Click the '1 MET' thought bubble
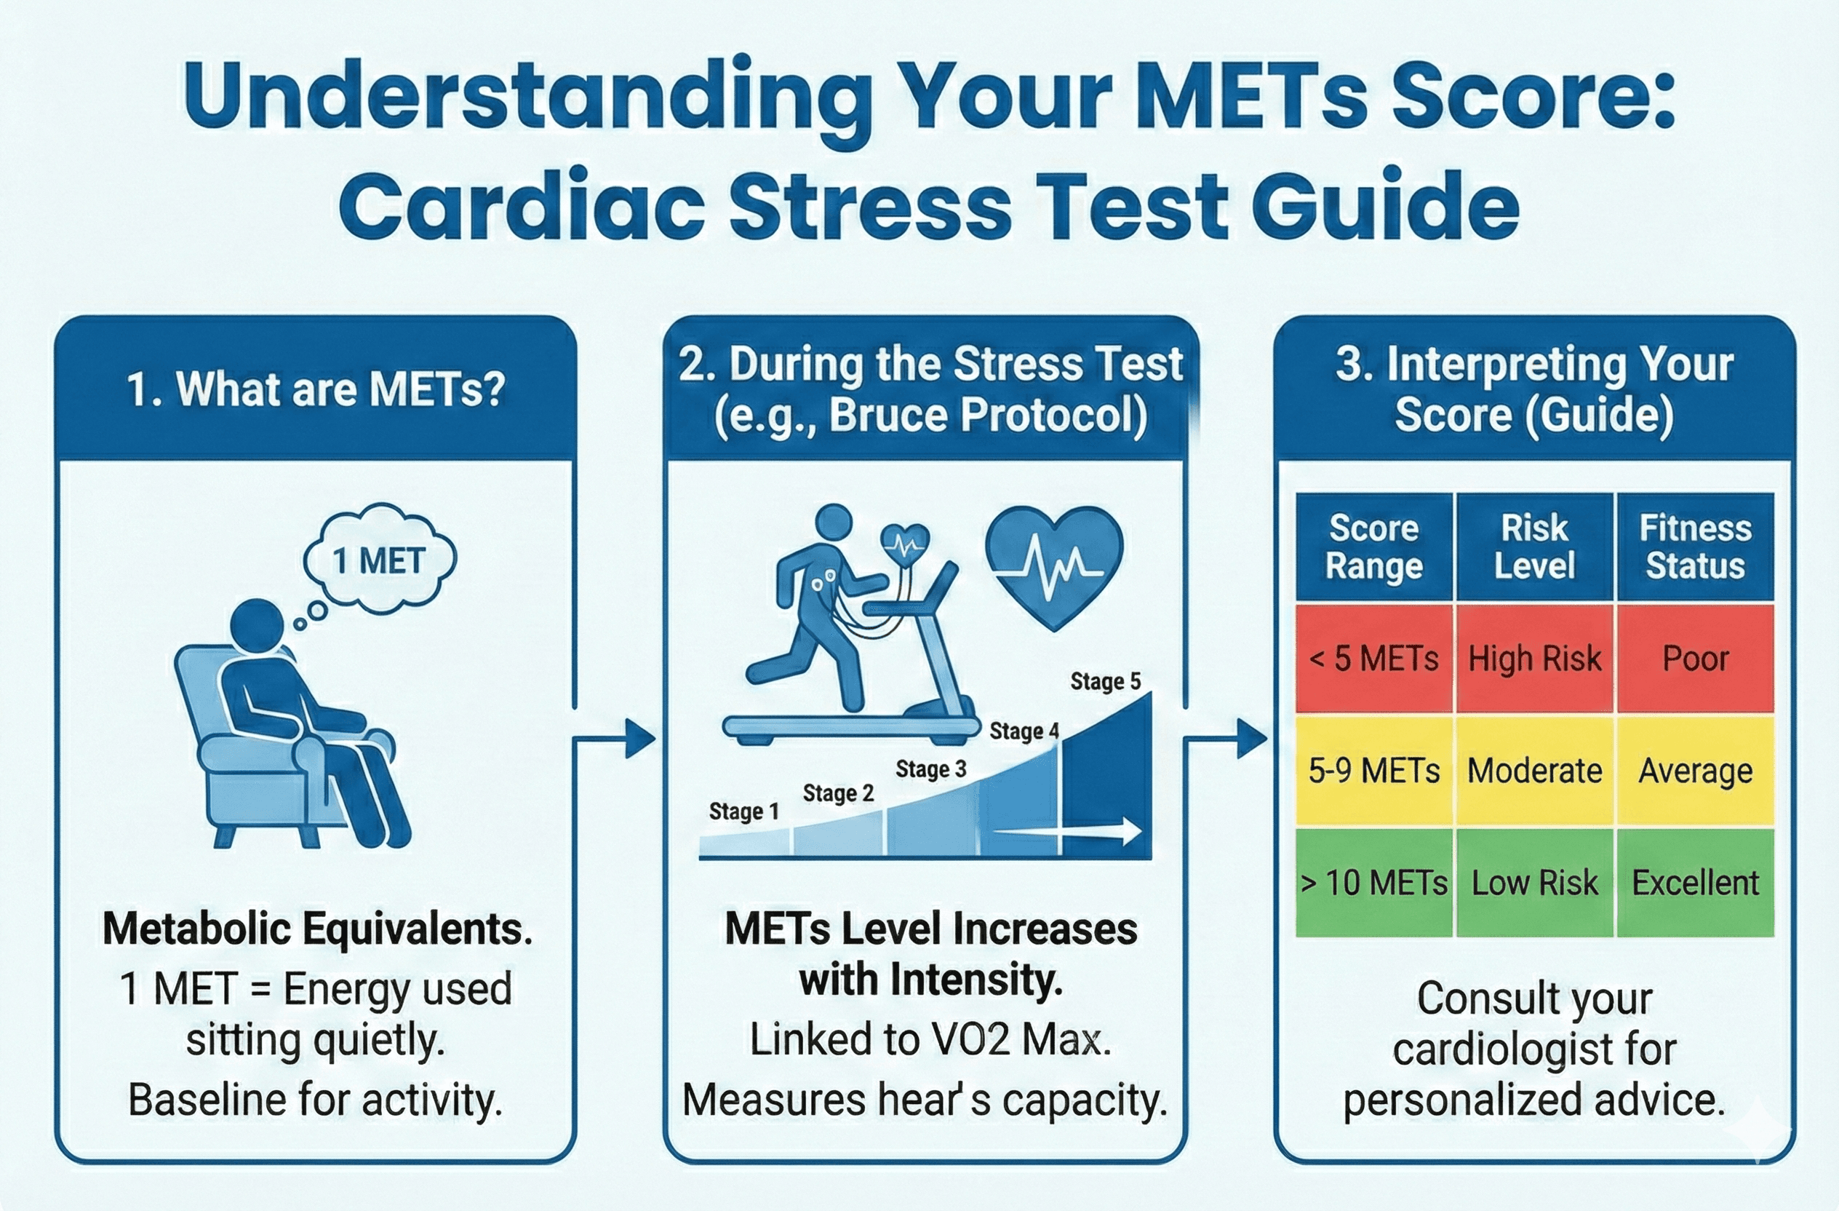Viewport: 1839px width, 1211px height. (378, 560)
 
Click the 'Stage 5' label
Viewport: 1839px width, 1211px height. (1105, 682)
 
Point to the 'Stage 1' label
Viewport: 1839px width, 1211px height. (743, 811)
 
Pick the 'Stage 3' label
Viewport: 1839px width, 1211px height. (930, 769)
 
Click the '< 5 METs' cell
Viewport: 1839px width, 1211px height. (1374, 659)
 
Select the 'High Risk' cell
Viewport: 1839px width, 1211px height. (1534, 659)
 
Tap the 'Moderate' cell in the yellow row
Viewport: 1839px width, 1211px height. (1534, 771)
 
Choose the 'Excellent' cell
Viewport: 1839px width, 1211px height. (1695, 883)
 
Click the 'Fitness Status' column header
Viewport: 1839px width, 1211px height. (1695, 547)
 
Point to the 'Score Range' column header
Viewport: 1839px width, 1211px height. (1374, 547)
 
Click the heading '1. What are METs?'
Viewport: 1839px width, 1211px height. (315, 389)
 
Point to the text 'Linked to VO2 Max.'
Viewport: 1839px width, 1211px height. (930, 1039)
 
